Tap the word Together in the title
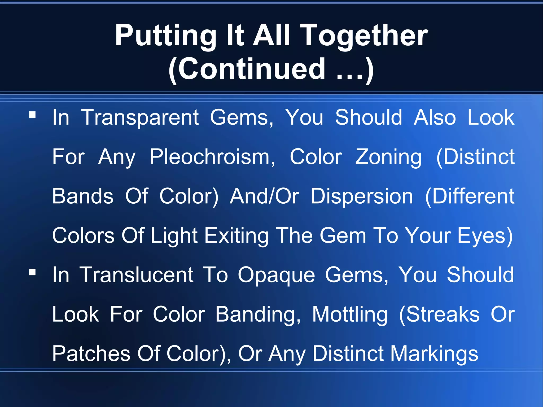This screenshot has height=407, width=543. (365, 36)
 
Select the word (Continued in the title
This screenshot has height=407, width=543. (247, 69)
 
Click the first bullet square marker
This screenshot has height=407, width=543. (32, 115)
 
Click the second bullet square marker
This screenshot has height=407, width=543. (32, 272)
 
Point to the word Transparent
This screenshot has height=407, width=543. (140, 117)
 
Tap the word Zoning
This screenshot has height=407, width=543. (388, 157)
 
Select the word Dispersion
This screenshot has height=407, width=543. (362, 196)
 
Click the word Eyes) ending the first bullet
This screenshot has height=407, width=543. (485, 236)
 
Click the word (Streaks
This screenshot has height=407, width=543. (439, 314)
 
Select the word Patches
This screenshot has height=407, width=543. (91, 354)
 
